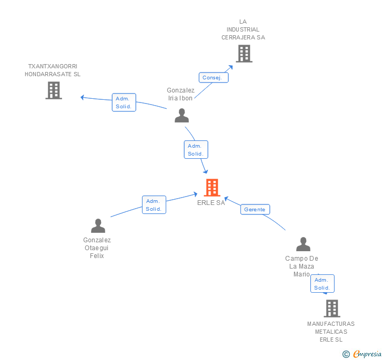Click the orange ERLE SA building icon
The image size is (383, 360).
(x=211, y=188)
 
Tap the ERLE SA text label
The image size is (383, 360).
(x=211, y=203)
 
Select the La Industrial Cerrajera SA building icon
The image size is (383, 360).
(x=244, y=53)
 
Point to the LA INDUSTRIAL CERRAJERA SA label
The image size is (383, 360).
(x=243, y=29)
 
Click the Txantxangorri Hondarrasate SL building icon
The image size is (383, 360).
(x=54, y=90)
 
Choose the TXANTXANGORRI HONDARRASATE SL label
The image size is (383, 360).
(x=53, y=70)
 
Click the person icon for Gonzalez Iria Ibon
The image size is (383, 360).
(x=182, y=116)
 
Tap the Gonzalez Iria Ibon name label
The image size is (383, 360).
(x=180, y=94)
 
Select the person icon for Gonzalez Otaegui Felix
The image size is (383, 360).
(x=98, y=226)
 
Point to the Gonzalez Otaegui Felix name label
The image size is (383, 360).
(x=97, y=248)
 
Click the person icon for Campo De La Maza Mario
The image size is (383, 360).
(x=303, y=244)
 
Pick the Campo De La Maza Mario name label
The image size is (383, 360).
(x=302, y=266)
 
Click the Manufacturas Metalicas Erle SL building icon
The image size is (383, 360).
(x=331, y=308)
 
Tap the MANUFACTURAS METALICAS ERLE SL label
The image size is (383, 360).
(x=331, y=331)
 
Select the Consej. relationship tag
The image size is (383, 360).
(x=214, y=77)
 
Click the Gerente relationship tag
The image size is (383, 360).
(x=255, y=209)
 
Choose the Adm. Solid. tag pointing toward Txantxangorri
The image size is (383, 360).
(x=124, y=102)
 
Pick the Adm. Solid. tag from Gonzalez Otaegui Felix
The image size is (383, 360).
(x=154, y=205)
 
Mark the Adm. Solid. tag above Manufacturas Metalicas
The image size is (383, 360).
(x=322, y=284)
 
